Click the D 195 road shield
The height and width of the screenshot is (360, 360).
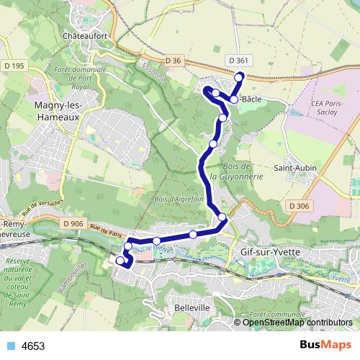pyautogui.click(x=14, y=66)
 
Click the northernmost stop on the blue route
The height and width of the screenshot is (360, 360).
pyautogui.click(x=240, y=77)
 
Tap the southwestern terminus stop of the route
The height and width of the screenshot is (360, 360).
pyautogui.click(x=120, y=261)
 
